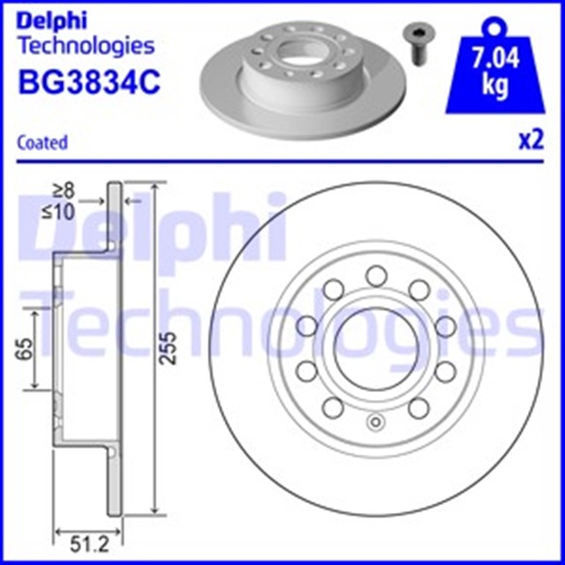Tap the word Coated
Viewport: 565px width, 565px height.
tap(42, 141)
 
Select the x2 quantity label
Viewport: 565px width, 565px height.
tap(530, 141)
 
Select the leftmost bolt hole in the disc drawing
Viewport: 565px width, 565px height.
tap(305, 326)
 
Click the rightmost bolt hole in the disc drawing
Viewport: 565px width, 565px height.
tap(443, 326)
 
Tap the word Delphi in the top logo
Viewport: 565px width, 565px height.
tap(54, 18)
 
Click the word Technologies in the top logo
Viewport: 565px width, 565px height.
tap(86, 45)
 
